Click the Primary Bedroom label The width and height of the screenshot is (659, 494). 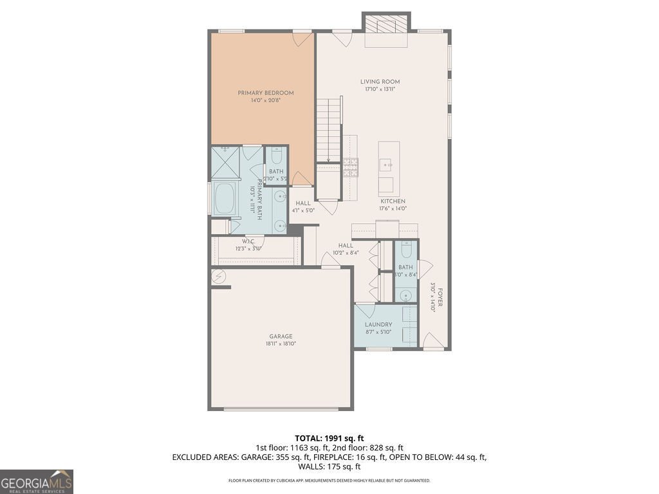pyautogui.click(x=265, y=93)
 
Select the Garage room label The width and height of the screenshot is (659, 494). pyautogui.click(x=281, y=336)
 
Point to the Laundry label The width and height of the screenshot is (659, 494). pyautogui.click(x=378, y=325)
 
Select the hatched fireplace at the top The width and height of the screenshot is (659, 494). pyautogui.click(x=386, y=24)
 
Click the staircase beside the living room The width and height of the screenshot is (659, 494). pyautogui.click(x=329, y=129)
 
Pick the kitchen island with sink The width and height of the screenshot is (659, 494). pyautogui.click(x=389, y=169)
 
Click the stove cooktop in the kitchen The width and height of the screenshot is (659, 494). pyautogui.click(x=351, y=168)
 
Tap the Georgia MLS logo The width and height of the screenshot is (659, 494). pyautogui.click(x=37, y=481)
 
